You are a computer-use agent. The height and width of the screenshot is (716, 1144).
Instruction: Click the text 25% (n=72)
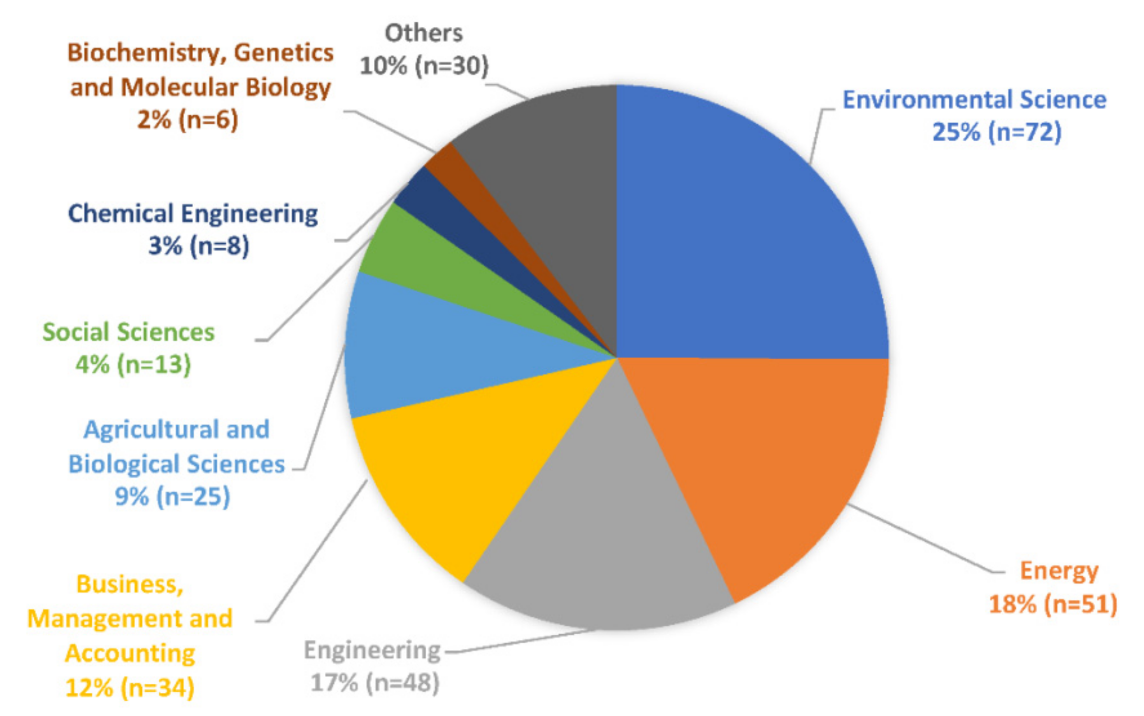click(x=997, y=132)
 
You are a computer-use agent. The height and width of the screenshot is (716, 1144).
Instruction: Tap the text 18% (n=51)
click(x=1053, y=604)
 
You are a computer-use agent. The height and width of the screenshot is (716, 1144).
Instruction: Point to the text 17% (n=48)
click(x=375, y=683)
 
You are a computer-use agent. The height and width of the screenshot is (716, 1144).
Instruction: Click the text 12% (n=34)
click(x=130, y=687)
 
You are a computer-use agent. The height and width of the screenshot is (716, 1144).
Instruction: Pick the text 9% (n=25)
click(x=172, y=497)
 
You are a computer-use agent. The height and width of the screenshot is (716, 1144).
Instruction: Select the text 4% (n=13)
click(x=133, y=364)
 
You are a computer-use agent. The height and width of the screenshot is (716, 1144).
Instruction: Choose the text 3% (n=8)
click(x=198, y=246)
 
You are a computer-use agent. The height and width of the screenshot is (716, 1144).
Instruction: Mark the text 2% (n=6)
click(x=187, y=120)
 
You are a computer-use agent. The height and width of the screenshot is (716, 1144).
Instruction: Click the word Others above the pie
click(x=423, y=33)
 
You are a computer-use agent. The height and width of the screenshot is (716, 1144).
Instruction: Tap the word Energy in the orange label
click(x=1059, y=571)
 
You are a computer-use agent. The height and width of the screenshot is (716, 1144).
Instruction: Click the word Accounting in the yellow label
click(x=130, y=653)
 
